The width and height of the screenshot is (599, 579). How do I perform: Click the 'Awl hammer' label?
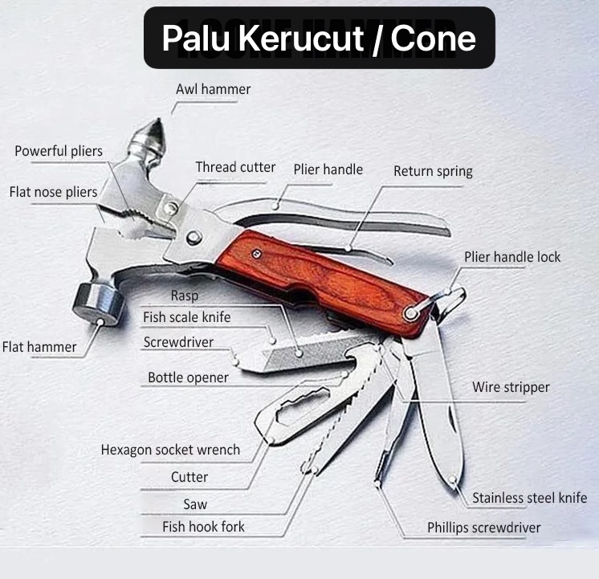(x=213, y=89)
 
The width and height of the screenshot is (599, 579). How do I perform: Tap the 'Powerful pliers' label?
(x=59, y=151)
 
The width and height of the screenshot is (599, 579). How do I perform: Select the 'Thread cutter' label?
(x=235, y=167)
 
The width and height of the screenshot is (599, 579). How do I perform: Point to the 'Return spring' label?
(x=433, y=171)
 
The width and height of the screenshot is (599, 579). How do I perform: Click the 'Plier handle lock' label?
(x=512, y=257)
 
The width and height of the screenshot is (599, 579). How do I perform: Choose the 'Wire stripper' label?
(x=511, y=387)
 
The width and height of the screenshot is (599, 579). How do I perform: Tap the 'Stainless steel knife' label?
(x=529, y=498)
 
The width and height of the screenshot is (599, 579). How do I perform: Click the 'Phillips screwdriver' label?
(x=483, y=528)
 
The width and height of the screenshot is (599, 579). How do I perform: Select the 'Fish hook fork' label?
(x=203, y=527)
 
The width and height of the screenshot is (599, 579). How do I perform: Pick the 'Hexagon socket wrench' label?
(x=170, y=450)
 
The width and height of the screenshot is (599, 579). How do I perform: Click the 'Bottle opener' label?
(x=188, y=377)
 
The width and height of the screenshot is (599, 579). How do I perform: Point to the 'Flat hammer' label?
(x=39, y=347)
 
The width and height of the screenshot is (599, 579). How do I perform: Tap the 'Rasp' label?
(x=185, y=296)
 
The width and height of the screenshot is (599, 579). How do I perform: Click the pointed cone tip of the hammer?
(x=157, y=120)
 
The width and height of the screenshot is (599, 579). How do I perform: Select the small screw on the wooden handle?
(x=256, y=254)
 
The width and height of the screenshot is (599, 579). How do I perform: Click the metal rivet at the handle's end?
(x=410, y=313)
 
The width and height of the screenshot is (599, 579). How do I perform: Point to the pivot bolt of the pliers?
(x=194, y=238)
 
